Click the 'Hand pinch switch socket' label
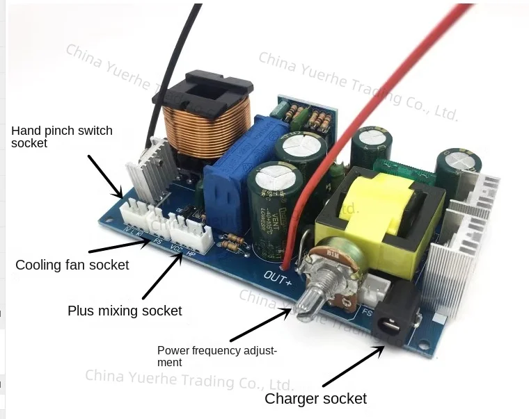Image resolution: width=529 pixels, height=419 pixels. [x=62, y=137]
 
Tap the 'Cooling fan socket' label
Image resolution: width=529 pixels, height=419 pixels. [x=72, y=265]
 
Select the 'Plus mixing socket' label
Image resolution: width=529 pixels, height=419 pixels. [x=125, y=311]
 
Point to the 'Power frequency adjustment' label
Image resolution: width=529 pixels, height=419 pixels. [x=216, y=356]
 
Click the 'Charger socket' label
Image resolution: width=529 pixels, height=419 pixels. [x=315, y=399]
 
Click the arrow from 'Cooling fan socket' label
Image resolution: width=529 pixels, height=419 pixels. [x=118, y=244]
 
